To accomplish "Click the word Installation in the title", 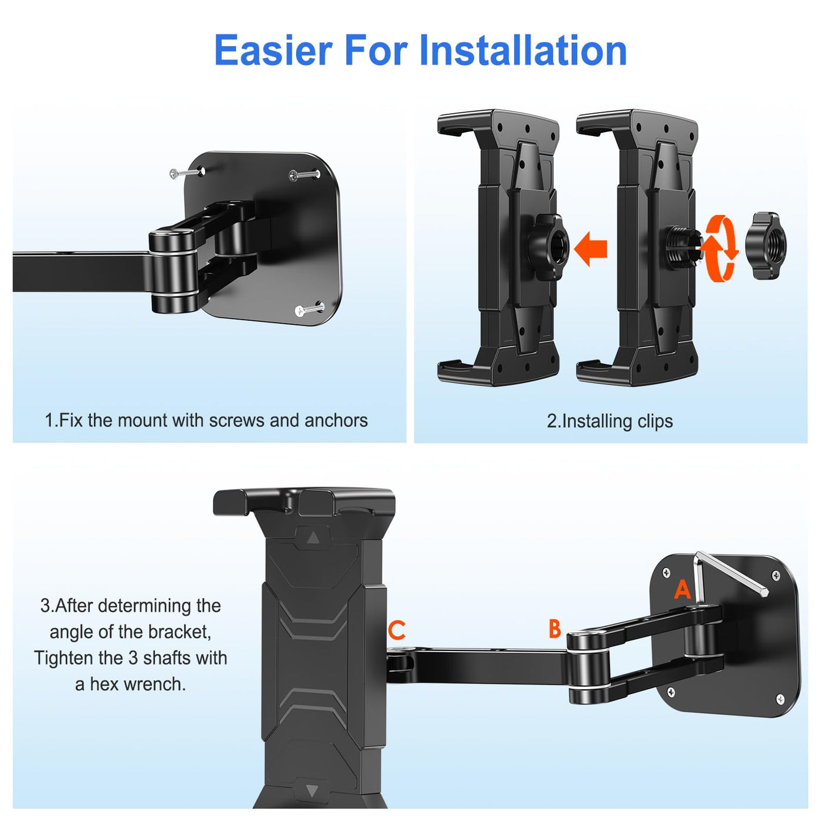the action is coord(523,50).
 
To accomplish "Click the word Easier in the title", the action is coord(273,50).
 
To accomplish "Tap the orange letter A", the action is coord(682,589).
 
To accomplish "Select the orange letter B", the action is coord(555,629).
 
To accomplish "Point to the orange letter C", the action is coord(396,630).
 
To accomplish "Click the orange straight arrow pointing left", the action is coord(591,249).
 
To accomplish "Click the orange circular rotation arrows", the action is coord(721,249).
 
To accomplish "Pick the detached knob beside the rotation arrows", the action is coord(766,246).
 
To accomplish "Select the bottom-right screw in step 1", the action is coord(309,309).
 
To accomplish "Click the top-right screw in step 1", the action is coord(304,175).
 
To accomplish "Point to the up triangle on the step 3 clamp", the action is coord(313,538).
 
